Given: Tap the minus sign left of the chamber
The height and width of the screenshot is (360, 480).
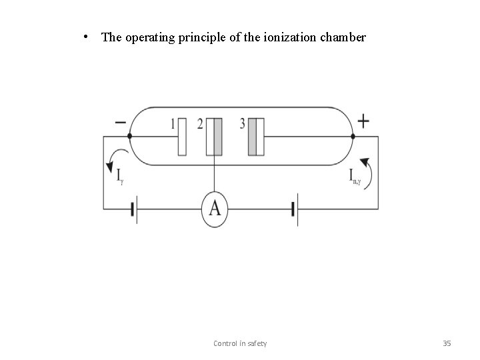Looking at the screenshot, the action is click(121, 123).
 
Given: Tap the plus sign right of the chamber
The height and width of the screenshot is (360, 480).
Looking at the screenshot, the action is click(363, 121).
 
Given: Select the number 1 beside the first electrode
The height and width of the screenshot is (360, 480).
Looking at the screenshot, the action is click(173, 124).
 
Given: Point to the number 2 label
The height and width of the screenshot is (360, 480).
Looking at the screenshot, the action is click(200, 124).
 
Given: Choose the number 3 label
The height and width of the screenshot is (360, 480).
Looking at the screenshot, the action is click(242, 124).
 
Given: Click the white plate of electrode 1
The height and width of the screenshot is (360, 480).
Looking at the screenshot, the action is click(182, 137).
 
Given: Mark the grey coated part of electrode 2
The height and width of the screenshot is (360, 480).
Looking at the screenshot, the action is click(217, 137).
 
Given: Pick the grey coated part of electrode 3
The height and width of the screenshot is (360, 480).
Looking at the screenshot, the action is click(252, 137).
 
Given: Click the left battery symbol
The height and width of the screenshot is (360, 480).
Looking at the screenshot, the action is click(134, 210).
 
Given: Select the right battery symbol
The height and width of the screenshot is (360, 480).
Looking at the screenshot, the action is click(294, 210).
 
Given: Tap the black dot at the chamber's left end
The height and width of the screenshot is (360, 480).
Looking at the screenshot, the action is click(129, 136).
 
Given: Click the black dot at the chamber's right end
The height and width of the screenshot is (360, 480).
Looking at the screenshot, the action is click(353, 136).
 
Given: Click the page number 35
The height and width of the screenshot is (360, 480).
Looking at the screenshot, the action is click(447, 343).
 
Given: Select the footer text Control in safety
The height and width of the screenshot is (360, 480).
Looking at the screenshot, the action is click(240, 343).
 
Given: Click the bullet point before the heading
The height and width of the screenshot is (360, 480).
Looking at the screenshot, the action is click(89, 37).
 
